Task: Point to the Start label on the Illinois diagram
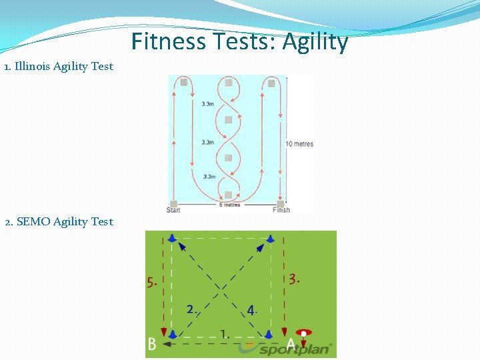tap(173, 211)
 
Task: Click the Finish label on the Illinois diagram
tap(281, 211)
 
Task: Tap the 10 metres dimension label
tap(299, 144)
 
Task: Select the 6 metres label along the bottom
tap(229, 205)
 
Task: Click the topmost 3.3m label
tap(208, 103)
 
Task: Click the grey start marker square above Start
tap(174, 203)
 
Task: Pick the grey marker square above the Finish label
tap(281, 203)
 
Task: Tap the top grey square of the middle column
tap(228, 83)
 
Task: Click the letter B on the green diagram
tap(152, 345)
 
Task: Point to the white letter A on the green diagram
tap(290, 345)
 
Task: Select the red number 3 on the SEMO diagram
tap(294, 279)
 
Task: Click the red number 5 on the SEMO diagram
tap(152, 282)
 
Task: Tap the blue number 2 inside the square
tap(191, 309)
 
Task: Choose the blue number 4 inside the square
tap(251, 310)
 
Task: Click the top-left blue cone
tap(173, 238)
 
